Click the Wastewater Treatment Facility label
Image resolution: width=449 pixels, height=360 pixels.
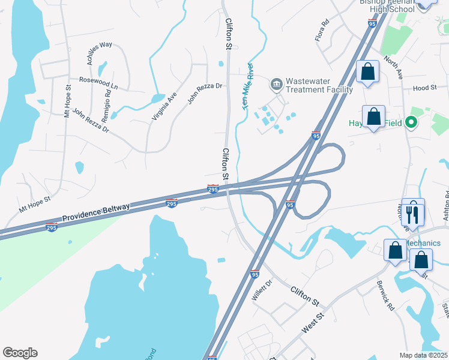(x=319, y=85)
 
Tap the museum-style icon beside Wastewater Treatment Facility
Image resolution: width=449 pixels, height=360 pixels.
(x=276, y=83)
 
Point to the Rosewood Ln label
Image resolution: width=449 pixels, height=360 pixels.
(x=98, y=83)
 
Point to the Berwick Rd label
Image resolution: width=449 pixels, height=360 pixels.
(x=385, y=295)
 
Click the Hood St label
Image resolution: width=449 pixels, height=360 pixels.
(x=424, y=88)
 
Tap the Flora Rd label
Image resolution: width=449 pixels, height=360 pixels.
(x=323, y=31)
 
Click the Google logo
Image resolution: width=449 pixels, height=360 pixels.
(x=20, y=353)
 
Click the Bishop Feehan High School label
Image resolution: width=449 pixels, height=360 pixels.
(x=387, y=5)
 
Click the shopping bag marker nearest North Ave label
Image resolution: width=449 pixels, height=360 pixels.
(x=367, y=73)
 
